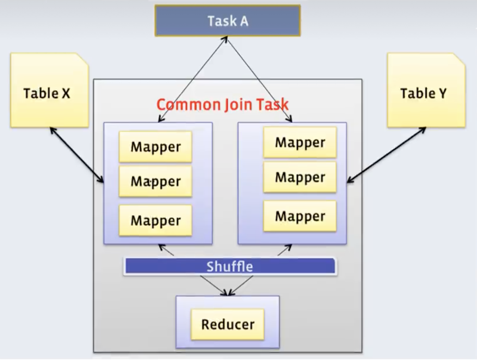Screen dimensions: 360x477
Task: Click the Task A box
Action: (x=227, y=21)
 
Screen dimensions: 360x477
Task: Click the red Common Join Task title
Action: (x=222, y=104)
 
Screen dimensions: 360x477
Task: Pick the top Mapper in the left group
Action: (x=155, y=147)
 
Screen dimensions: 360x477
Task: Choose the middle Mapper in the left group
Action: (x=155, y=182)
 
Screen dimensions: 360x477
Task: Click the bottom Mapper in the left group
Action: (x=155, y=220)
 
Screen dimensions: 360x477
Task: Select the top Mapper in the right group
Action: (x=300, y=143)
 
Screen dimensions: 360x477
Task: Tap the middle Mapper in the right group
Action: (x=300, y=177)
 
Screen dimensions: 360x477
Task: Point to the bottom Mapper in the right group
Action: (x=300, y=216)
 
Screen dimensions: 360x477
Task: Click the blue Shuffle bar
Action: (x=230, y=266)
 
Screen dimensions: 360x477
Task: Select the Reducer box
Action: (x=228, y=324)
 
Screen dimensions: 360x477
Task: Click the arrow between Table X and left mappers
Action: (x=77, y=155)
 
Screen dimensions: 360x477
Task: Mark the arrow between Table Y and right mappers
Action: (x=386, y=155)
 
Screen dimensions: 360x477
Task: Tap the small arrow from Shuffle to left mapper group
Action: (x=166, y=250)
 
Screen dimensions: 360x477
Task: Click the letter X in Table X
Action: (x=65, y=93)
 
